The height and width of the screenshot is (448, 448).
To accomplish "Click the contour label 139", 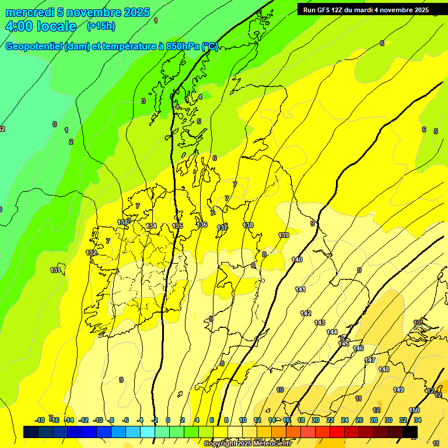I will coord(283,235).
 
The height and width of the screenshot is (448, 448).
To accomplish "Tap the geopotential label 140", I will coord(297,260).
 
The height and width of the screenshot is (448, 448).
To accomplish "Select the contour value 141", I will coord(300,289).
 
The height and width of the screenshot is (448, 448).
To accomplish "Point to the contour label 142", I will coord(306,313).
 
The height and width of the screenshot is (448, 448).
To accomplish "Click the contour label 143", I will coord(320,323).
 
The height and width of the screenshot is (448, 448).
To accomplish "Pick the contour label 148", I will coord(384,369).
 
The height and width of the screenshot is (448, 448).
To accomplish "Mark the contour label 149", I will coord(398,390).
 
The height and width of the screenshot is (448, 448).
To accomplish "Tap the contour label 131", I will coord(55,270).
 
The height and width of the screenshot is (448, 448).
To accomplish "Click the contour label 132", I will coord(91,253).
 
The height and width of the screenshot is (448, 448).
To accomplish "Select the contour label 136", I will coord(202,225).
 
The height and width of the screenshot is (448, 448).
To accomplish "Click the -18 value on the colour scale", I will coord(40,420).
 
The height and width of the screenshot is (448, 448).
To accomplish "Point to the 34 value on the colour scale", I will coord(418,420).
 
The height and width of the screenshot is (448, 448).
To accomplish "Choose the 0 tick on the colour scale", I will coord(168,420).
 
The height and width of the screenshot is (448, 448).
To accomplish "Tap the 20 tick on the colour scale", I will coord(315,420).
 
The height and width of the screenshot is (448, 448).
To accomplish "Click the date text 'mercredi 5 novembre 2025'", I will coord(78,12).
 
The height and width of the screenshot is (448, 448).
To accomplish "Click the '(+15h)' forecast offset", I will coord(101,26).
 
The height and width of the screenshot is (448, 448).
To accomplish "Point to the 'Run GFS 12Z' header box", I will coord(366,10).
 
